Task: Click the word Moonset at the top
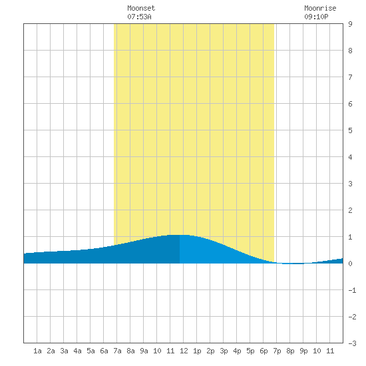141,8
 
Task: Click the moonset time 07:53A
139,17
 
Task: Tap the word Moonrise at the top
320,8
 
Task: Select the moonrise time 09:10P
316,17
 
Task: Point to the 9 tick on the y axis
350,24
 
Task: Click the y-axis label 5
350,130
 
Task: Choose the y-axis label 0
350,264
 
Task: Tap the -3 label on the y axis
352,343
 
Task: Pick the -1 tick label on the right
352,290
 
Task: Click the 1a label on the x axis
37,351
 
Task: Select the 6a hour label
104,351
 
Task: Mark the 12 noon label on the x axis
184,351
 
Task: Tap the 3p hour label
224,351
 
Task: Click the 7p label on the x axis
277,351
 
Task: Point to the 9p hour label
303,351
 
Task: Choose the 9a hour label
144,351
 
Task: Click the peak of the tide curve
180,235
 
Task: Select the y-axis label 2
350,210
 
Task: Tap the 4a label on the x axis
77,351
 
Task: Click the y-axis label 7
350,77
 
